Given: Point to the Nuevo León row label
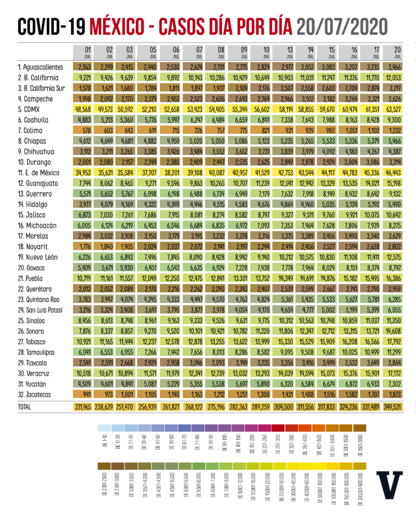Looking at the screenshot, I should (x=38, y=257).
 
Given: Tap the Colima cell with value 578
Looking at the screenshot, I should (x=83, y=130).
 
